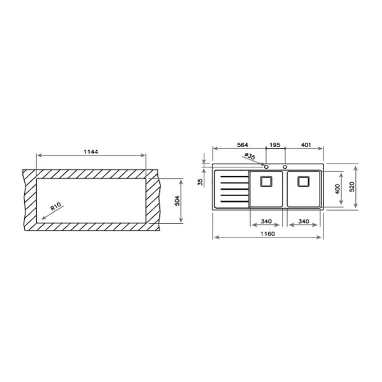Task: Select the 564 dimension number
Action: (242, 145)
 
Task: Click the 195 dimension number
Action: (274, 145)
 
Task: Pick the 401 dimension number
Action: (305, 145)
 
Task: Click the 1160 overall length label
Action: (268, 234)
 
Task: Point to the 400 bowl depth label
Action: (337, 189)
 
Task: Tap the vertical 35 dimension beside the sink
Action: (200, 181)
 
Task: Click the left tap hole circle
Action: (267, 167)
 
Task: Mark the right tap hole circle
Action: (285, 167)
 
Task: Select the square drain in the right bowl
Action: (304, 181)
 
